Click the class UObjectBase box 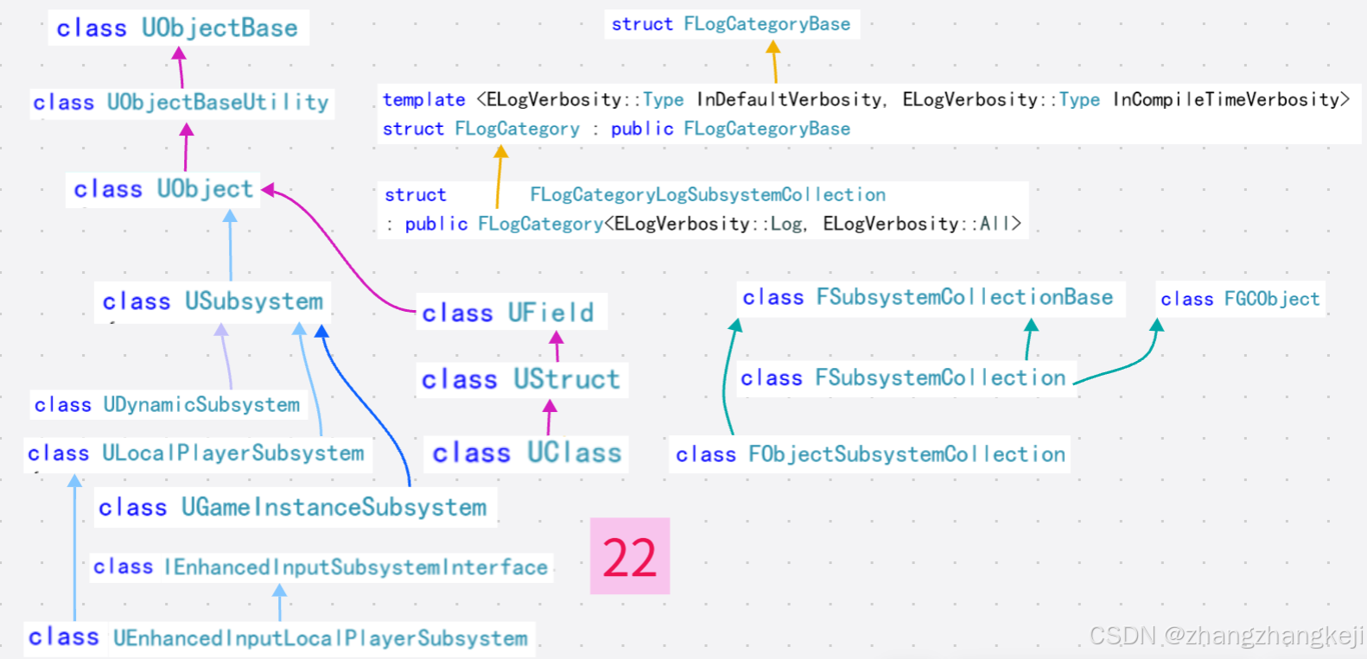(x=177, y=28)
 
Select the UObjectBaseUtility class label (x=181, y=102)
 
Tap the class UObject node (x=163, y=189)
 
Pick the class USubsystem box (x=213, y=301)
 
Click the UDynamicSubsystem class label (x=168, y=404)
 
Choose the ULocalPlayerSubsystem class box (x=196, y=453)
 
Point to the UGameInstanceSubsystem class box (x=293, y=507)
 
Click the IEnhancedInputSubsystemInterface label (x=321, y=567)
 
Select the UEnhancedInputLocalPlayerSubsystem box (x=278, y=638)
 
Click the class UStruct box (x=521, y=379)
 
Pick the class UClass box (x=527, y=453)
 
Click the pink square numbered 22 (x=630, y=556)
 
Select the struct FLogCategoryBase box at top (x=731, y=24)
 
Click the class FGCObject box (x=1240, y=299)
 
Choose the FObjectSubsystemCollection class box (x=870, y=454)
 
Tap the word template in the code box (x=423, y=100)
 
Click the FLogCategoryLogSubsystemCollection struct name (x=708, y=195)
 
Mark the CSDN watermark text (x=1226, y=637)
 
